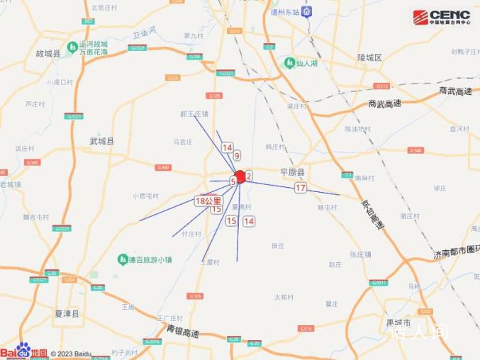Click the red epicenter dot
coord(240,176)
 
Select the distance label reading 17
coord(301,188)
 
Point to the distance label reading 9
coord(237,155)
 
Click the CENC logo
coord(441,16)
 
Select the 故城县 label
coord(48,53)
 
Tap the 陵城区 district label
coord(369,57)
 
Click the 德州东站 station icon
coord(307,11)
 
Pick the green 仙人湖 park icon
coord(289,62)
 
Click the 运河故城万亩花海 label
coord(94,47)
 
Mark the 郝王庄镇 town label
coord(194,113)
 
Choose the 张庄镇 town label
coord(362,254)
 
